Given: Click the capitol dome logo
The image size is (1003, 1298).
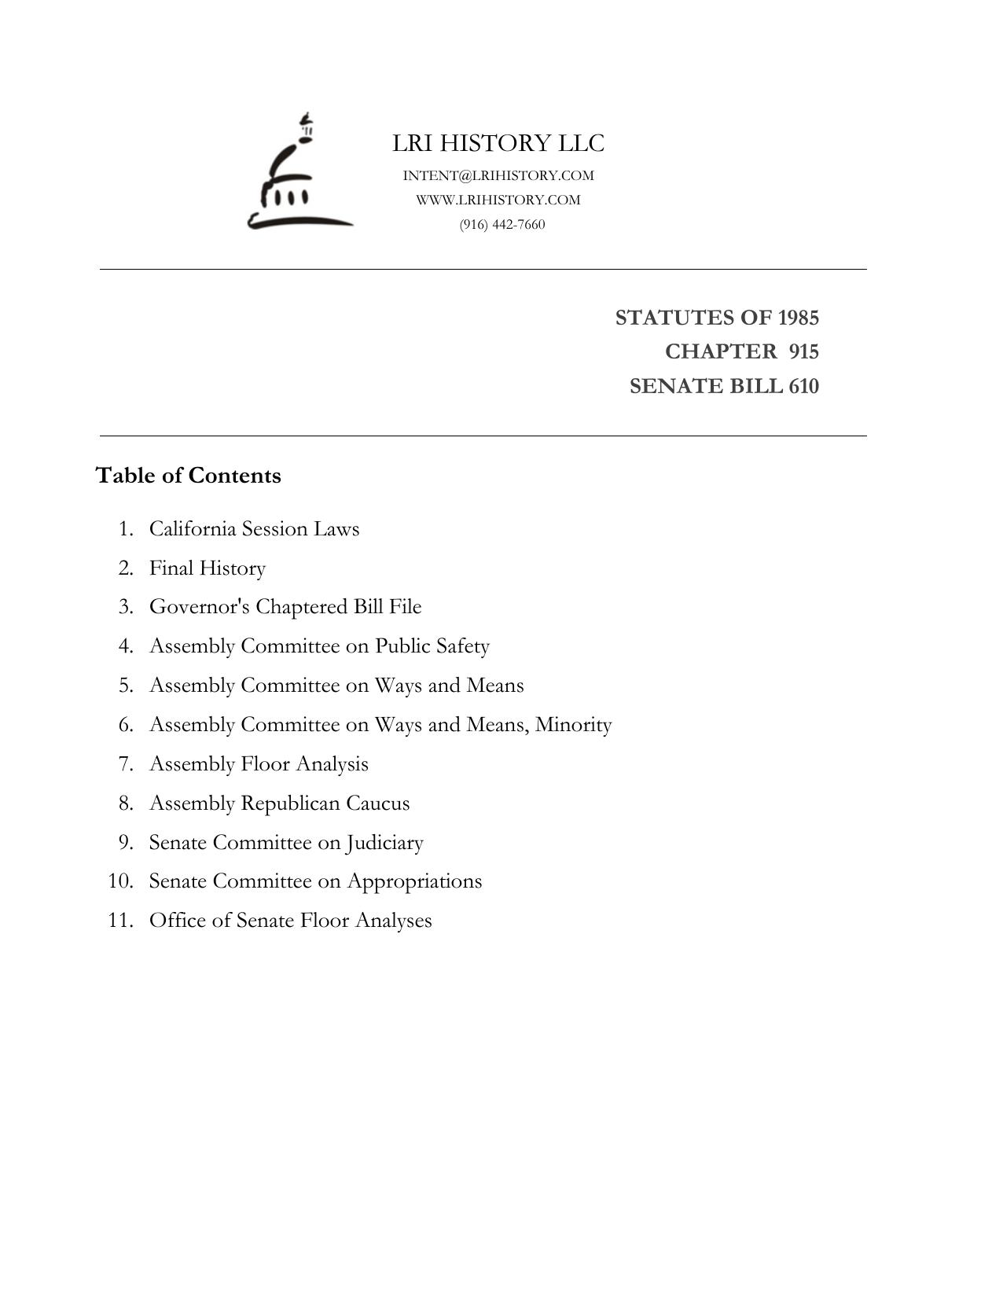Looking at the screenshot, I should tap(299, 175).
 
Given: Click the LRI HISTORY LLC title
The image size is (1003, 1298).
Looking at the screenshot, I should tap(498, 144).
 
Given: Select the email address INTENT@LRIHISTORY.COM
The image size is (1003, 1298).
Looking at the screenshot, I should tap(498, 175).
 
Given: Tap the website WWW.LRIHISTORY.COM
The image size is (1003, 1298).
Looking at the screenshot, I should tap(498, 200).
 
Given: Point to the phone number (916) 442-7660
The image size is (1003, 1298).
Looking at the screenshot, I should tap(502, 225).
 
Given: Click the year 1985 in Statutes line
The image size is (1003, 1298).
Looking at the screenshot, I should tap(798, 318).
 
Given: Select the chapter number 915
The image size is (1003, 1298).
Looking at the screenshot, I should tap(803, 351).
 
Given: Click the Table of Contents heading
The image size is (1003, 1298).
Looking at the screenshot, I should tap(189, 476).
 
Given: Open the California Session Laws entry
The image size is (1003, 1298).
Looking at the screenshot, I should tap(254, 528).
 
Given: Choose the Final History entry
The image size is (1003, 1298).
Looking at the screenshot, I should tap(208, 568).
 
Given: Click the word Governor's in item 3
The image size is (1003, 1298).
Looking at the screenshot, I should tap(200, 607).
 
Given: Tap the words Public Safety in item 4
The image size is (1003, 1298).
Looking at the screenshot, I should tap(432, 646).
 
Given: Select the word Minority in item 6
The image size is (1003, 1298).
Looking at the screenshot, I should tap(573, 724).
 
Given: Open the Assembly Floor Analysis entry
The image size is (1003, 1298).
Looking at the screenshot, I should tap(259, 763).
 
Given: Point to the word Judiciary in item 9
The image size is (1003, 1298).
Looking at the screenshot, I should tap(384, 843).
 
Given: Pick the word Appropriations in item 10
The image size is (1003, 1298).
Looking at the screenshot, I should tap(414, 881).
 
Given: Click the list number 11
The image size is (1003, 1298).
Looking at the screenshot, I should tap(120, 921).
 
